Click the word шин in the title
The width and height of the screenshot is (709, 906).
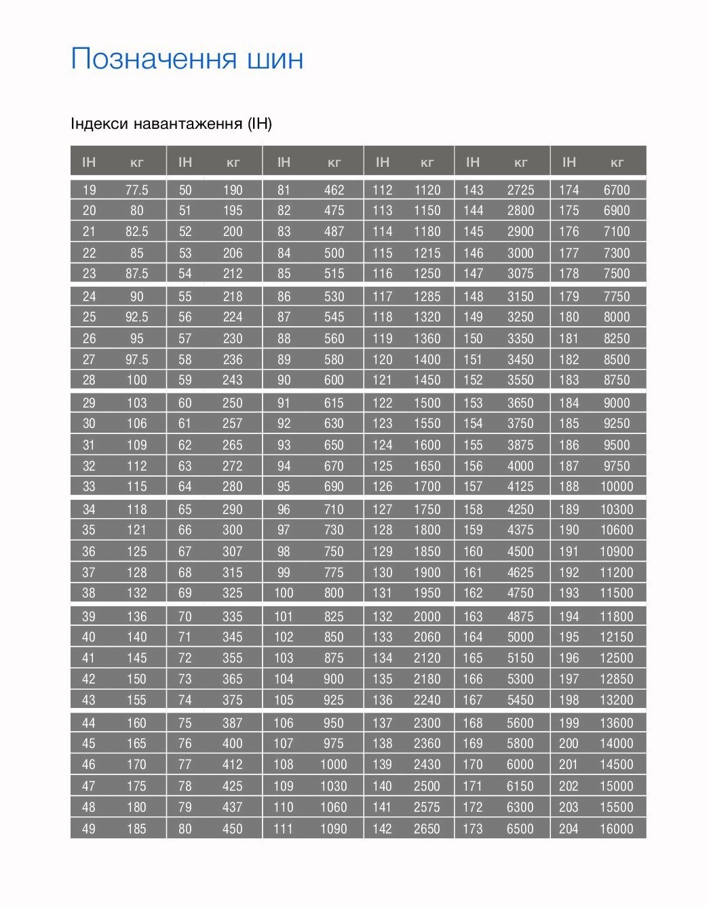pos(275,60)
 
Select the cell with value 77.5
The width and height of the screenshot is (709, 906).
pos(136,190)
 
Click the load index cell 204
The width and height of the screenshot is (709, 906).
pos(569,829)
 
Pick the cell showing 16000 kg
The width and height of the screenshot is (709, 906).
pos(616,829)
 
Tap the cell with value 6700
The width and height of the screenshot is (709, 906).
pos(617,190)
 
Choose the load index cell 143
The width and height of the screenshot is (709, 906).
pos(473,190)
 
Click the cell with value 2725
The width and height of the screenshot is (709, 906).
pos(520,190)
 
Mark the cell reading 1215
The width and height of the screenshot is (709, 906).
pos(427,253)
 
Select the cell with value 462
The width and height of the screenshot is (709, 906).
pos(334,190)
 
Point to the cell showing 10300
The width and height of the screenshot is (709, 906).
pos(616,509)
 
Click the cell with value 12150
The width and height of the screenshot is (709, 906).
pos(616,637)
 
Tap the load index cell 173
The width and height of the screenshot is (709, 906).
pos(473,829)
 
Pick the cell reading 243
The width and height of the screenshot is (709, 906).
pos(233,380)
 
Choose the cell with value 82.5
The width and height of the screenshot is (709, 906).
pos(136,231)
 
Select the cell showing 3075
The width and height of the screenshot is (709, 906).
pos(520,273)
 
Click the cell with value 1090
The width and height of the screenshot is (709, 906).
pos(333,829)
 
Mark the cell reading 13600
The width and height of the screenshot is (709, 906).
pos(616,723)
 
